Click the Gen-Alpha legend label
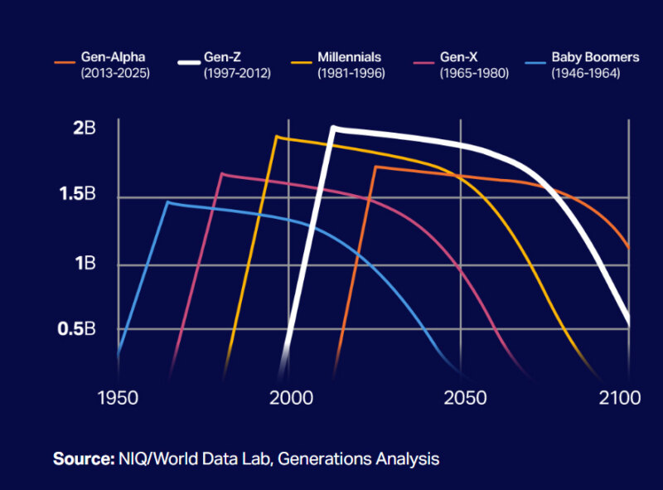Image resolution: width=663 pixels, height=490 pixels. tap(113, 58)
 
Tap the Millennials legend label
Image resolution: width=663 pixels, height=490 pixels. tap(349, 58)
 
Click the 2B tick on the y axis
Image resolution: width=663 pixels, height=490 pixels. tap(85, 128)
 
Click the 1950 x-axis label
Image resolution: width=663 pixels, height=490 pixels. tap(118, 398)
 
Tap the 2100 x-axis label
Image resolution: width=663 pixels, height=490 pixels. tap(621, 398)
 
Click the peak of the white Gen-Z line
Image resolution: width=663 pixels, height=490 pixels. tap(333, 129)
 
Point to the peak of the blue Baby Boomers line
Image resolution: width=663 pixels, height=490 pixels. tap(167, 201)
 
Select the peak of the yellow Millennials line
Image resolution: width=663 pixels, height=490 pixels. tap(276, 137)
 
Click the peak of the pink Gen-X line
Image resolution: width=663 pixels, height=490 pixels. tap(221, 174)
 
